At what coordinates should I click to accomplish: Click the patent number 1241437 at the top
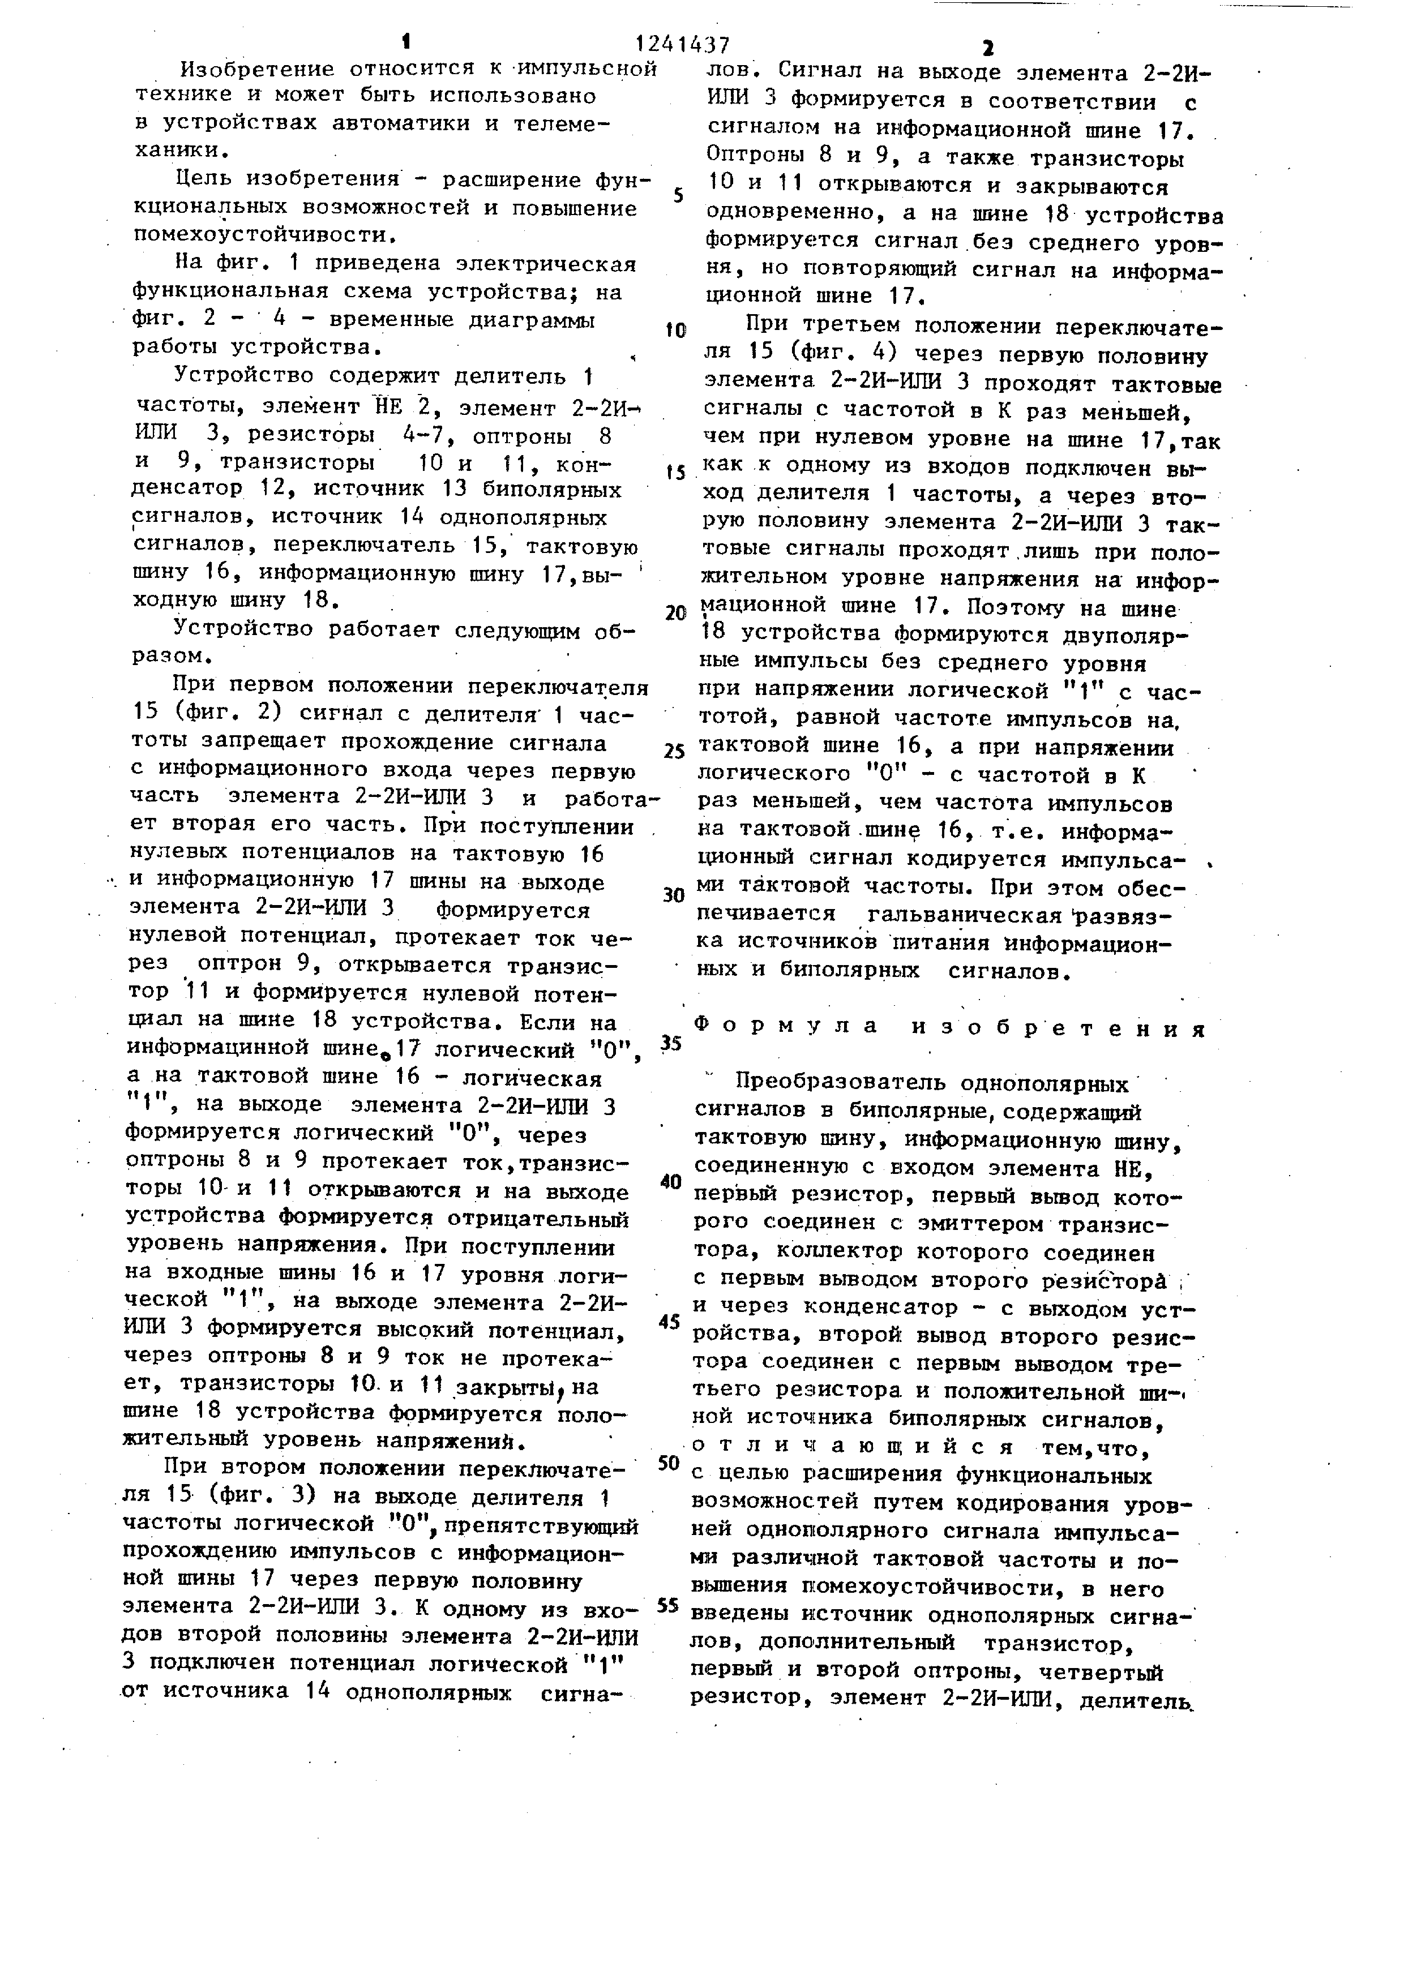click(x=682, y=43)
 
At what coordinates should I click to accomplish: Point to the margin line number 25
click(x=674, y=751)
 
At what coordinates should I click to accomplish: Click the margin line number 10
click(x=675, y=331)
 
